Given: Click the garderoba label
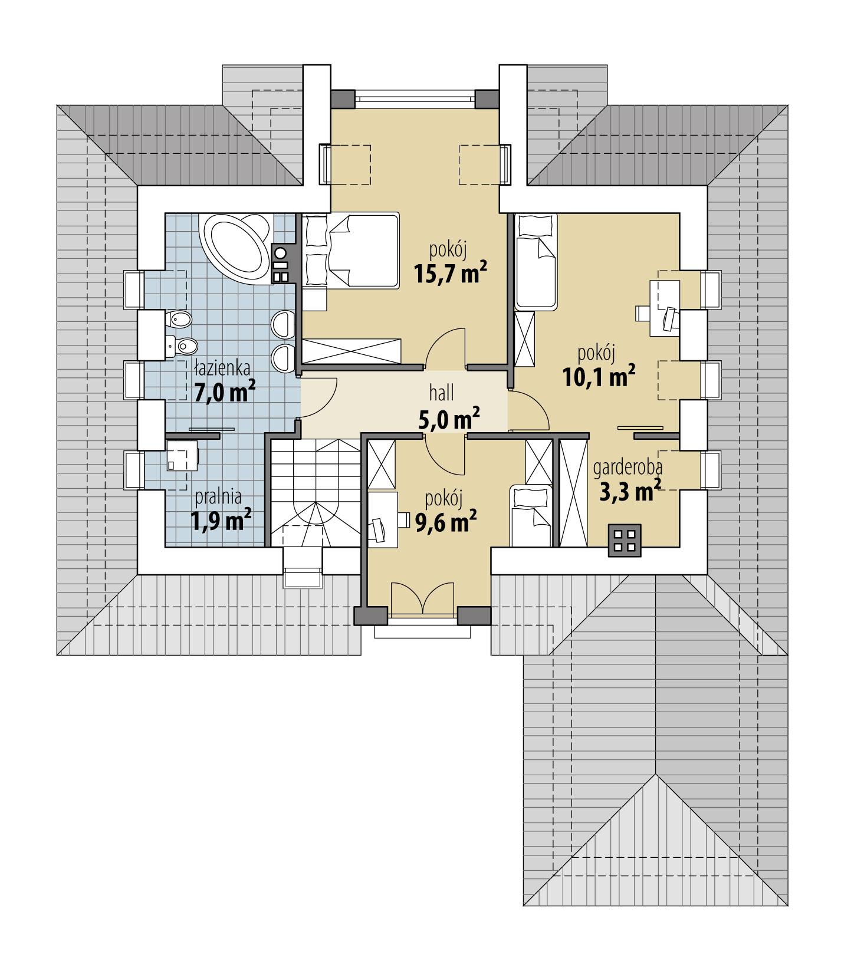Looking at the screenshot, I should [x=628, y=468].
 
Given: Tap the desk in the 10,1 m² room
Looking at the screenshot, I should [x=665, y=308].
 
